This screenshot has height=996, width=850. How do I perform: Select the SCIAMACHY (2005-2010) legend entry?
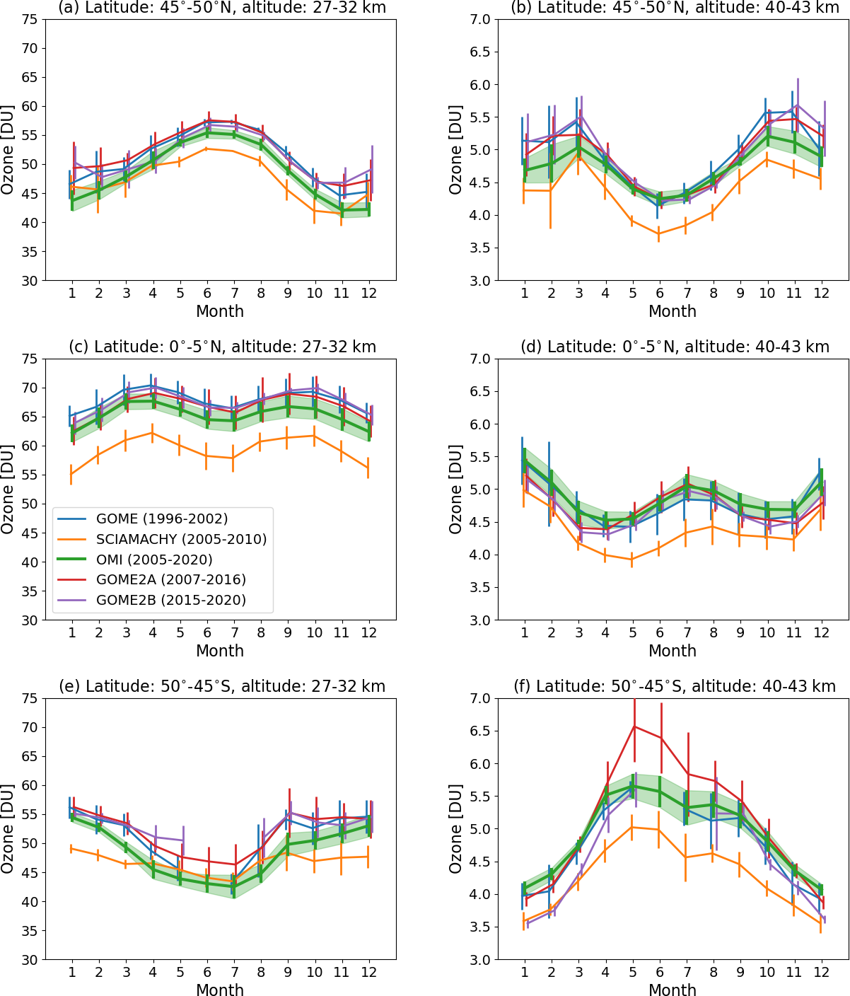(x=181, y=540)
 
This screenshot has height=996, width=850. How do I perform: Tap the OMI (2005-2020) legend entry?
(x=154, y=560)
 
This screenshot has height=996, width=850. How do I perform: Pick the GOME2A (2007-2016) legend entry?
(x=170, y=580)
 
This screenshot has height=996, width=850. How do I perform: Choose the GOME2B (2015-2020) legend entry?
(x=170, y=601)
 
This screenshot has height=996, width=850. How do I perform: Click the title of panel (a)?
(x=220, y=8)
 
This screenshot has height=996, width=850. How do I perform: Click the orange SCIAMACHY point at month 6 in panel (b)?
(x=659, y=233)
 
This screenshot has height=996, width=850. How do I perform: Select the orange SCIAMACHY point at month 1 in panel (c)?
(x=71, y=474)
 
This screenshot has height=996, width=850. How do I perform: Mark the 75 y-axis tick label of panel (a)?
(x=30, y=19)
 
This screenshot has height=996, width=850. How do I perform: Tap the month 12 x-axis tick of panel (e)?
(x=368, y=973)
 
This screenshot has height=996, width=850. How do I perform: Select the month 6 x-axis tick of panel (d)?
(x=659, y=633)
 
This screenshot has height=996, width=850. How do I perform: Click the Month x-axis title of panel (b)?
(x=673, y=311)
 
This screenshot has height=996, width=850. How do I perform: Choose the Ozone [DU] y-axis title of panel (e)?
(x=8, y=828)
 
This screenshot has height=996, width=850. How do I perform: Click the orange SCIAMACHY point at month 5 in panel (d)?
(x=632, y=559)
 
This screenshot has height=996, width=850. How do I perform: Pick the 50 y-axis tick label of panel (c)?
(x=30, y=504)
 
